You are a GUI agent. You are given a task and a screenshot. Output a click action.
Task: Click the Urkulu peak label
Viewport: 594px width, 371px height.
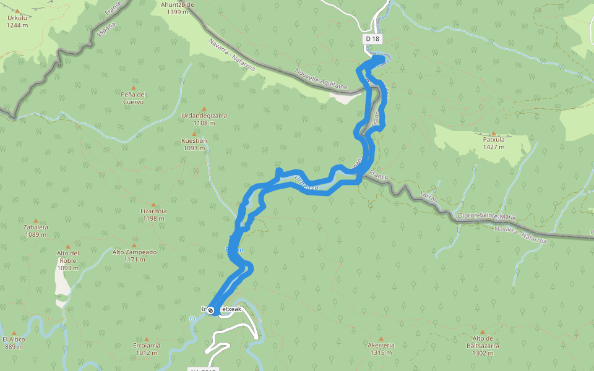click(x=17, y=22)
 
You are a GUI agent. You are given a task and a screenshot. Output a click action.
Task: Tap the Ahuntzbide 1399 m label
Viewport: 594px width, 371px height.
click(x=178, y=8)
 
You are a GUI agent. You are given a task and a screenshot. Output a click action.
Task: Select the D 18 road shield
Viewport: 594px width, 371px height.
click(x=372, y=38)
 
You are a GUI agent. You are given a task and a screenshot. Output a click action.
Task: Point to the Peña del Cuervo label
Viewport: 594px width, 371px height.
click(x=133, y=98)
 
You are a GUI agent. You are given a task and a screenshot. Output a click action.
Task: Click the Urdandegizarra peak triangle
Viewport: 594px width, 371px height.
click(x=204, y=109)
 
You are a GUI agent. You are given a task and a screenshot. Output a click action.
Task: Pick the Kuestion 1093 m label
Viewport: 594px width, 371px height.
click(x=194, y=144)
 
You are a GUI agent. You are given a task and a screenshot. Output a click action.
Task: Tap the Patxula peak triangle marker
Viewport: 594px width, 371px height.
click(x=494, y=133)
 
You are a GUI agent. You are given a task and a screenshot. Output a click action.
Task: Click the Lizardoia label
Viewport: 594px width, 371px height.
click(x=153, y=214)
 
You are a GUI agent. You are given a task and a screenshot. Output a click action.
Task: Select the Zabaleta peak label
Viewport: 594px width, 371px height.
click(x=36, y=231)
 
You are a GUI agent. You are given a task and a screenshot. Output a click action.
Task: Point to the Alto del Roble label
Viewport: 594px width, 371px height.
click(x=67, y=260)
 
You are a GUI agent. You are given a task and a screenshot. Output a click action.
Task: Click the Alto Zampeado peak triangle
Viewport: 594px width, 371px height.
click(x=134, y=245)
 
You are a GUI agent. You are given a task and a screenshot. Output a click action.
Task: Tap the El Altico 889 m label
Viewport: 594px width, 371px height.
click(x=13, y=343)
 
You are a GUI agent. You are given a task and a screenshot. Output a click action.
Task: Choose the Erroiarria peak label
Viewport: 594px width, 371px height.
click(x=147, y=349)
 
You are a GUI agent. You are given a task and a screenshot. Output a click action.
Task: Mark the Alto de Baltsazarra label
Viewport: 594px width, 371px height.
click(x=486, y=342)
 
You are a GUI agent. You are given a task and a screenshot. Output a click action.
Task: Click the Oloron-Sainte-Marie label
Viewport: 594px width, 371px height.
click(x=486, y=216)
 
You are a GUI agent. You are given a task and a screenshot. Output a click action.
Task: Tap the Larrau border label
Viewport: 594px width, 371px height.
click(x=428, y=196)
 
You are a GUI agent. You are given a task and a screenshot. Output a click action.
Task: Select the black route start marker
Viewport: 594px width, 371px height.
click(x=210, y=310)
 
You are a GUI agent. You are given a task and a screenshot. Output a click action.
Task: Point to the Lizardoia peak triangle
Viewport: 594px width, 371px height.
click(x=153, y=204)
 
